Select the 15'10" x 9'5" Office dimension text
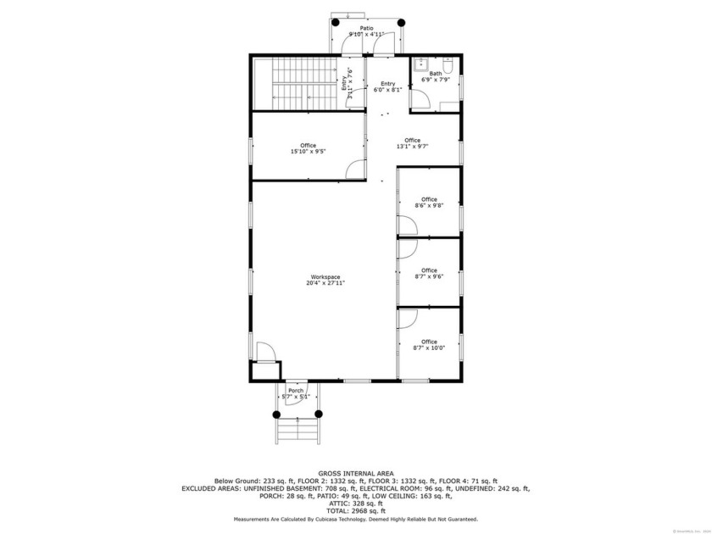coord(308,153)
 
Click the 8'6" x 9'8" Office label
coord(429,203)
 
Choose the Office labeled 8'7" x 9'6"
coord(429,273)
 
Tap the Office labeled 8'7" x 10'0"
coord(429,345)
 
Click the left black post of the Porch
coord(275,414)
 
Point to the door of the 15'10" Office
coord(356,170)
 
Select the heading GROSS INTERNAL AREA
coord(355,473)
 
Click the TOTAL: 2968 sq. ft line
coord(355,511)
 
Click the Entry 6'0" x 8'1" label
coord(387,86)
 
